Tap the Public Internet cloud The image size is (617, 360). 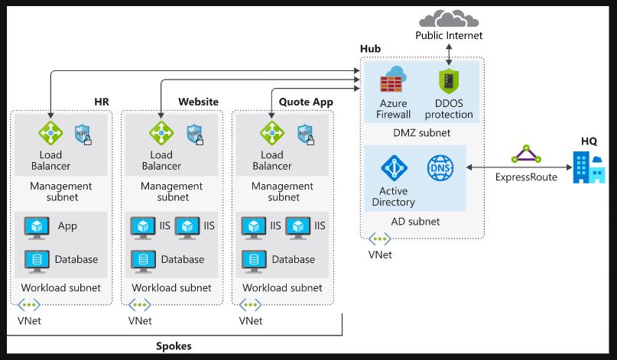pos(449,17)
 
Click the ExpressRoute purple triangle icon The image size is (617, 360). pos(526,156)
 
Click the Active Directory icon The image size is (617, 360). pos(395,168)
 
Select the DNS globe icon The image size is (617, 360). pos(440,168)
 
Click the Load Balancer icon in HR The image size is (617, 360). pos(50,133)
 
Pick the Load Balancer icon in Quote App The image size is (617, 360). pos(272,133)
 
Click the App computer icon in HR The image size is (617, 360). pos(37,226)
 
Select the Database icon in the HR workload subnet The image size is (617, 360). pos(37,259)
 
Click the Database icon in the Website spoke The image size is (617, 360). pos(143,259)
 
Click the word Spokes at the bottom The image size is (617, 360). pos(174,346)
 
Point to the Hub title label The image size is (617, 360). pos(370,49)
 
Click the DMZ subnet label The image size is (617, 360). pos(421,132)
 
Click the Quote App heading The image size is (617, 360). pos(305,102)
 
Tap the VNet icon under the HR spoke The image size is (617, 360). pos(28,306)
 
